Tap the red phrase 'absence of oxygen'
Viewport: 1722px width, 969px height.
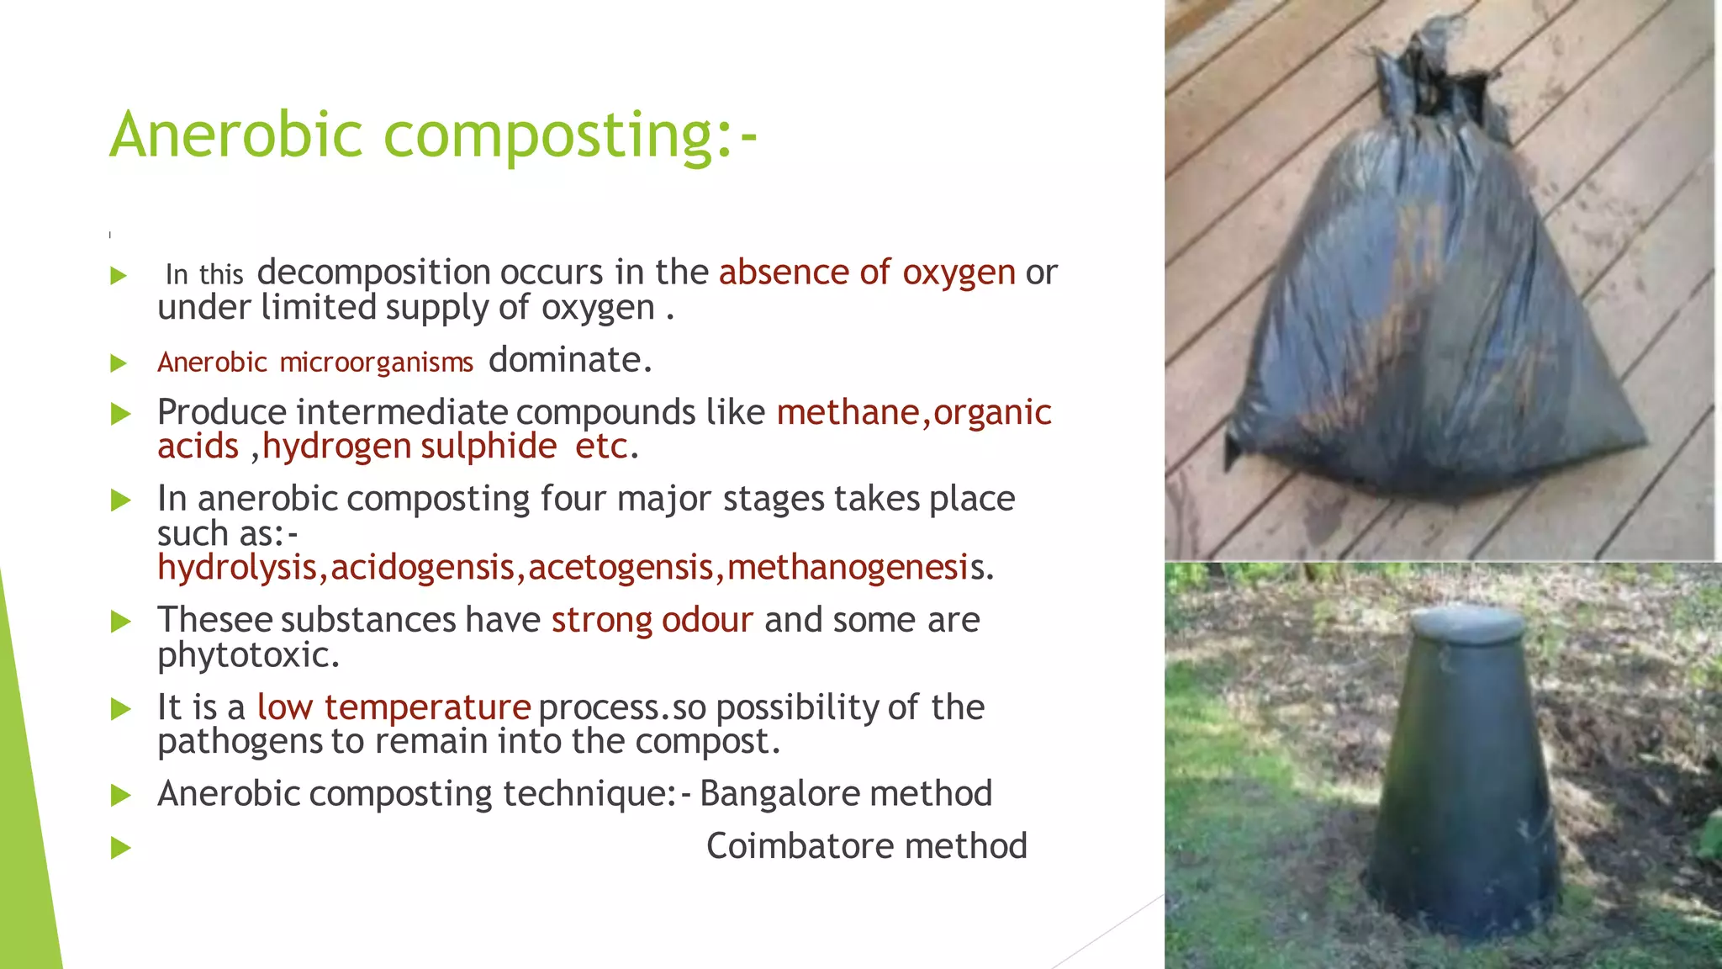867,273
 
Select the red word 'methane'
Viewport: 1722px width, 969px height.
848,412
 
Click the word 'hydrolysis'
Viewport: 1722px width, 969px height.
237,568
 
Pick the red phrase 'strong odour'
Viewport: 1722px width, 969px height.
652,620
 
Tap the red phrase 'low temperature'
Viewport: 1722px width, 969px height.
394,707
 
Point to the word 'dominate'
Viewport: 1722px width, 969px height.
566,360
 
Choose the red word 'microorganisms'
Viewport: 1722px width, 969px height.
376,363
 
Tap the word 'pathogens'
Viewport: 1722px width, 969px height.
240,742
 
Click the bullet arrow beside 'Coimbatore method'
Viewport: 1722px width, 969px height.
121,847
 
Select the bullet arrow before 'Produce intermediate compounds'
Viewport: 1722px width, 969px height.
121,413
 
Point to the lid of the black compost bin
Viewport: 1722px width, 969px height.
1466,623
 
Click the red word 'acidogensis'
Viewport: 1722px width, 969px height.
422,568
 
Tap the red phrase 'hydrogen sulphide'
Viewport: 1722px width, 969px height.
409,447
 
